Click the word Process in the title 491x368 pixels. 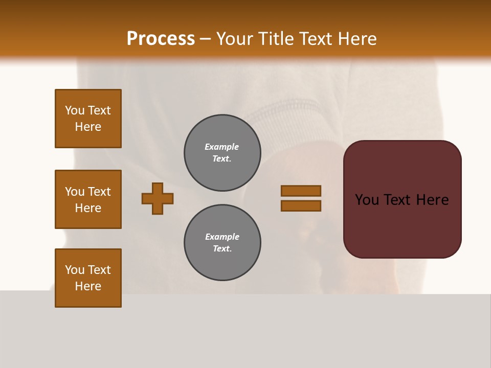point(161,39)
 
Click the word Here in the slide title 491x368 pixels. point(356,39)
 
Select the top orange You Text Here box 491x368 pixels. point(88,119)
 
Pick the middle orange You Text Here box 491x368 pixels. point(88,199)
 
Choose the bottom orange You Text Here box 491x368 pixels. point(88,278)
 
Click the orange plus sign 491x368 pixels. point(158,198)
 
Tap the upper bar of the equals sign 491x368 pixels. point(301,191)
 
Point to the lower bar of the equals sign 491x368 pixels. point(301,205)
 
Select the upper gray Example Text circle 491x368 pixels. point(222,153)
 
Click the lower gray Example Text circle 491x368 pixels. point(222,242)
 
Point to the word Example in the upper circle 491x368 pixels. point(222,147)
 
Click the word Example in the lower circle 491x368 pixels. point(222,237)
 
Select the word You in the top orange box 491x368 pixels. point(74,110)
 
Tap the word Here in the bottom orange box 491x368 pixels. point(88,286)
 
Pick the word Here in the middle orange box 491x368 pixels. point(88,208)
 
